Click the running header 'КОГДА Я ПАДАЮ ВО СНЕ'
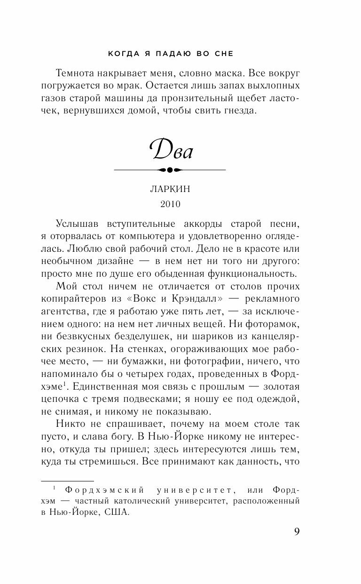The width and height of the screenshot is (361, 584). (171, 54)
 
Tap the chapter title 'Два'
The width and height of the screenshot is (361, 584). (171, 150)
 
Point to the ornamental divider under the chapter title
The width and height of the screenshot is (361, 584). (170, 169)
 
